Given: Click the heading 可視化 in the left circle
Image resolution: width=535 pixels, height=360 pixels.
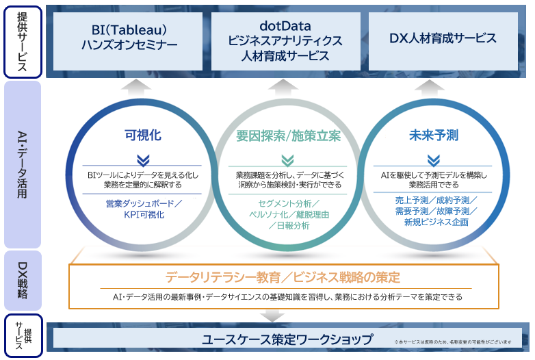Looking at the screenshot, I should point(143,135).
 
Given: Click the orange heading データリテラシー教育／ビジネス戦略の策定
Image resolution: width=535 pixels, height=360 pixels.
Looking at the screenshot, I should point(283,277).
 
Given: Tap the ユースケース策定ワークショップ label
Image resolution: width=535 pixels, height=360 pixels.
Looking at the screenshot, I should point(287,339).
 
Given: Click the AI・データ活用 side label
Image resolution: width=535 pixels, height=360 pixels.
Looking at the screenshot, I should point(23,165).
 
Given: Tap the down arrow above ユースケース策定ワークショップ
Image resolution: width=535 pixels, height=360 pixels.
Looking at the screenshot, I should point(273,316).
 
